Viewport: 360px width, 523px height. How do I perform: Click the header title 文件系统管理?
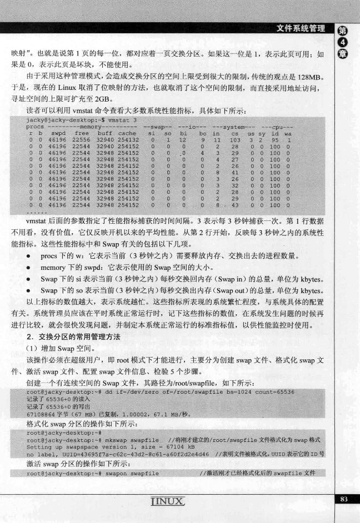point(302,28)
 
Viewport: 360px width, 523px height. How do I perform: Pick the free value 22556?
point(81,140)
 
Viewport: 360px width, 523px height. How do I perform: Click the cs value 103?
point(236,140)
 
